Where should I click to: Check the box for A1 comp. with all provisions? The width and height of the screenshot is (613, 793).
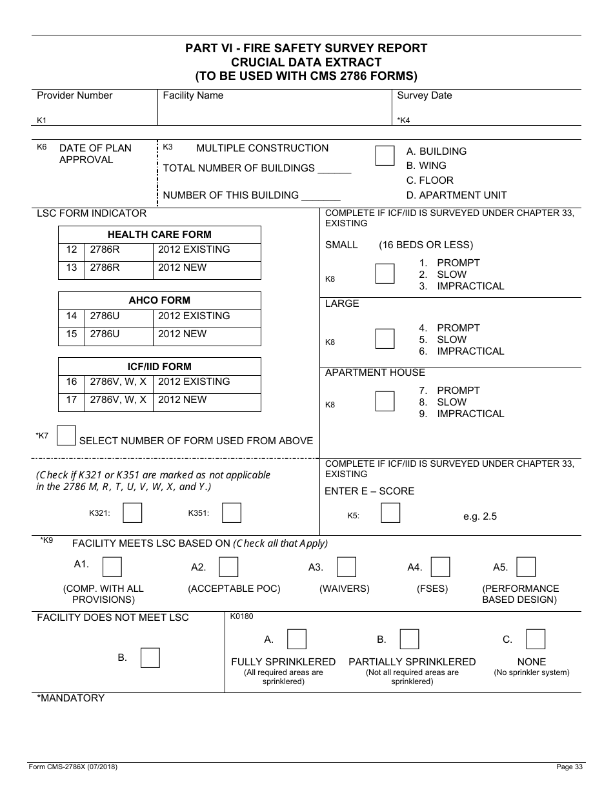point(112,567)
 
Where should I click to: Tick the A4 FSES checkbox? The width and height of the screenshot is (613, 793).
point(441,567)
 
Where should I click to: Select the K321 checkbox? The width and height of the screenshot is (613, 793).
point(132,513)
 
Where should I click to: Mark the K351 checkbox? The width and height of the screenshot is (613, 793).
point(232,513)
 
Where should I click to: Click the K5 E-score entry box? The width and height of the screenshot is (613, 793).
point(390,513)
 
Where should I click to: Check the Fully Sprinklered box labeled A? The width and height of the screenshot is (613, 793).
point(297,639)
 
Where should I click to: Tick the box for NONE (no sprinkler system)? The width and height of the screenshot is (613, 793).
point(536,639)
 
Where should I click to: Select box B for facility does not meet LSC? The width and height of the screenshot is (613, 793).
point(150,658)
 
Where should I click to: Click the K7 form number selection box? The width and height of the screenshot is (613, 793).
point(66,435)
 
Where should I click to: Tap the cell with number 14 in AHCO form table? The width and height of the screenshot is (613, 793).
point(72,316)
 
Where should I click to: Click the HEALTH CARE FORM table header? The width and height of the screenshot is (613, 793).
point(159,235)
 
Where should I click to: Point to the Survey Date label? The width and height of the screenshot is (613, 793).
point(424,95)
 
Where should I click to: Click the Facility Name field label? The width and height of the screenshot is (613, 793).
point(193,95)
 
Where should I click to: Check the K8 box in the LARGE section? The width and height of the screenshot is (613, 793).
point(385,338)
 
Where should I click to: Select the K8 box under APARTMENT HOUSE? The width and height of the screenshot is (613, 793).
point(385,401)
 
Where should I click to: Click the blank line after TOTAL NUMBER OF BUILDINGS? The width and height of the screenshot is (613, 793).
point(334,169)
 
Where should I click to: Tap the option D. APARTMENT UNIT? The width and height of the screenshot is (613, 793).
point(456,195)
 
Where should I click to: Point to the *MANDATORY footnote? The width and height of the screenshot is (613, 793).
point(71,698)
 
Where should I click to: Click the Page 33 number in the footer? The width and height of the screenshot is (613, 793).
point(569,767)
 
